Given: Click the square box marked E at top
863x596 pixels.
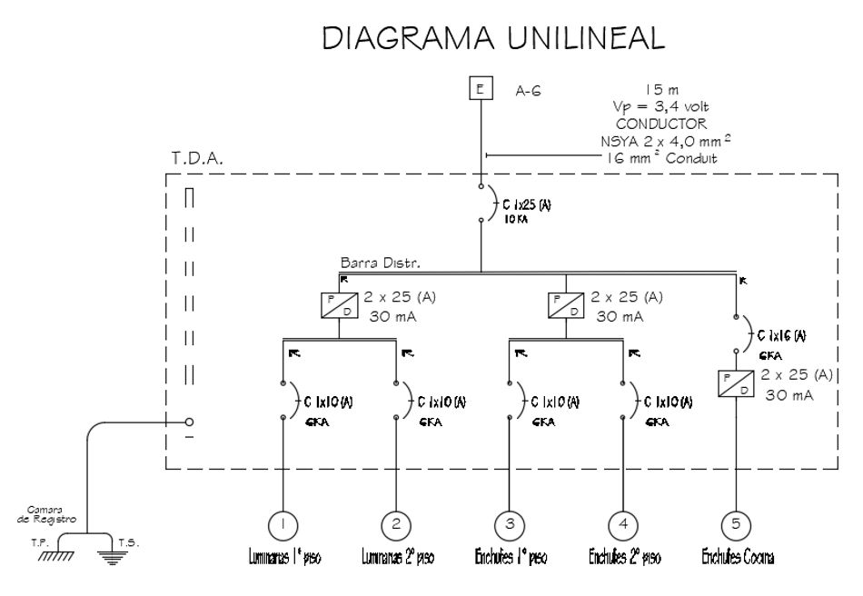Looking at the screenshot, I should [481, 89].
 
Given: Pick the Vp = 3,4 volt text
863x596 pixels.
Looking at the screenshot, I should [654, 107].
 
